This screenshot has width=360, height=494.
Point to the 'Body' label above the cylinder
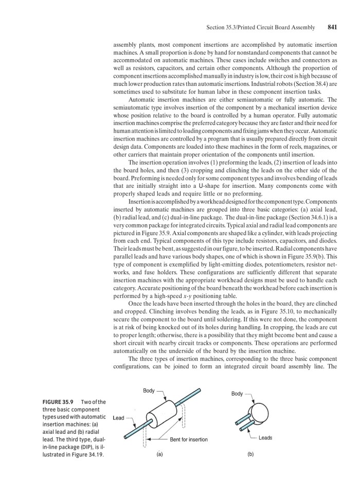[x=149, y=391]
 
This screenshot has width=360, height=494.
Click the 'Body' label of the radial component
[x=237, y=394]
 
